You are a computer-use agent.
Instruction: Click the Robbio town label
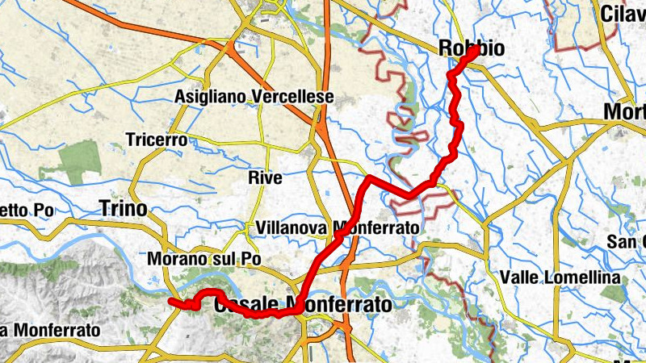point(472,48)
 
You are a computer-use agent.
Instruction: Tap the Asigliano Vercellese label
point(254,98)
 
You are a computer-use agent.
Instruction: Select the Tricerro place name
point(157,140)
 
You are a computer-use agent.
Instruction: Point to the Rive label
point(266,178)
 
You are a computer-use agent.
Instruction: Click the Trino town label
point(123,209)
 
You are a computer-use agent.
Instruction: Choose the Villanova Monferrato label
point(337,229)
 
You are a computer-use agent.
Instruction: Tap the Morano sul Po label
point(197,260)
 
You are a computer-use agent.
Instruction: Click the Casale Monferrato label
point(302,305)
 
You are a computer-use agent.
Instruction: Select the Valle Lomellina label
point(560,277)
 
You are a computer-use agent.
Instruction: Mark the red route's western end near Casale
point(171,302)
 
